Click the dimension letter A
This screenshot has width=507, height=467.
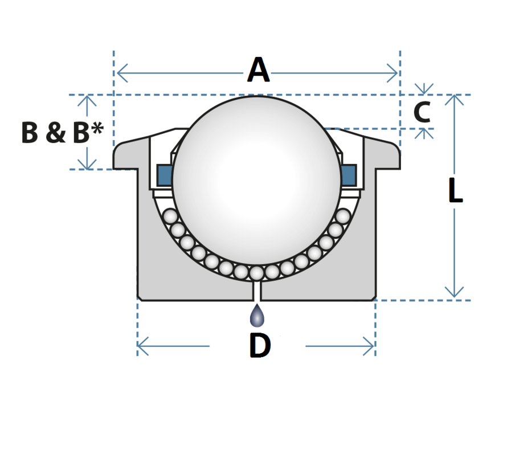pos(258,71)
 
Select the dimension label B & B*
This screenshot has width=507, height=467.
pos(62,133)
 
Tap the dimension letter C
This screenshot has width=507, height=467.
pos(422,112)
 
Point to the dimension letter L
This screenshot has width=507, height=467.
pos(455,191)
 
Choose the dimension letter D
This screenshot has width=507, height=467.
pos(260,346)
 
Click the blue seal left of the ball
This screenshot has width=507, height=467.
pos(165,174)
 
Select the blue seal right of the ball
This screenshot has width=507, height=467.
pos(349,174)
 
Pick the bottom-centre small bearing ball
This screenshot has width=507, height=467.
pos(257,273)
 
